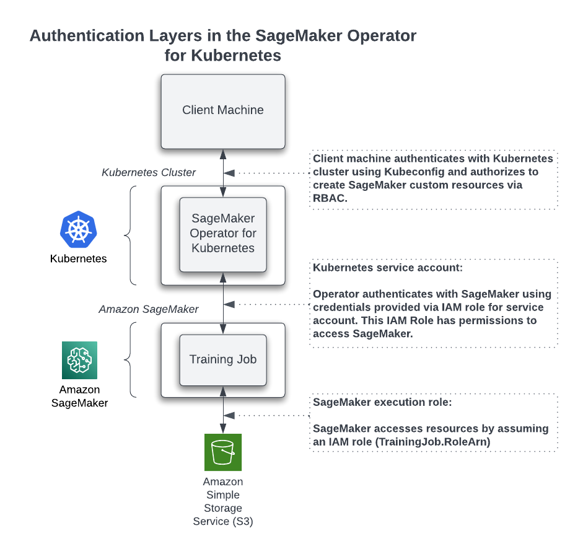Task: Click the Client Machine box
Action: pos(223,111)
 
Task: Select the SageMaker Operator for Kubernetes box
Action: pos(223,234)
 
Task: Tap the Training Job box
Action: pos(223,359)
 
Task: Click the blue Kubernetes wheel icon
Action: pos(79,229)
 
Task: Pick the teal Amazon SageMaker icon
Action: pos(79,360)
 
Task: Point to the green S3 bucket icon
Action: pos(223,452)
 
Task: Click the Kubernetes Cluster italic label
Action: pos(149,172)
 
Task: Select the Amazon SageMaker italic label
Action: pos(149,309)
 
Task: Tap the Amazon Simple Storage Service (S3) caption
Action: pos(223,501)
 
